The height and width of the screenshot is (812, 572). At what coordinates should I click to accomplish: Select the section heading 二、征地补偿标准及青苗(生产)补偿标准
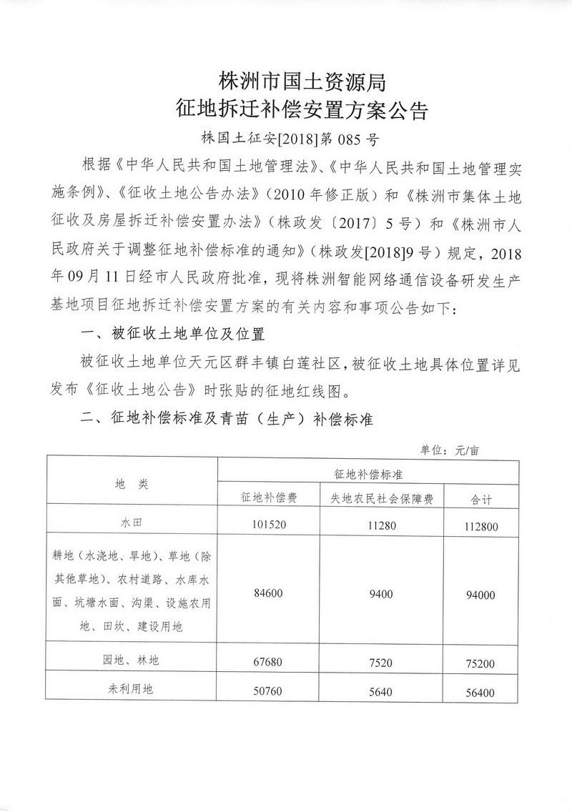(x=227, y=418)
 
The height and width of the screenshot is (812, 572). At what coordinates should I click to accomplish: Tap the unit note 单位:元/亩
(x=450, y=450)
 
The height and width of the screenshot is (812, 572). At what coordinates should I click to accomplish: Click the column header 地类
(x=132, y=484)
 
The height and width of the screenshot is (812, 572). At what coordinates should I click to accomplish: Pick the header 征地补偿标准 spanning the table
(x=368, y=473)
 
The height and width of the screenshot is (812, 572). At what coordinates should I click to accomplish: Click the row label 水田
(x=132, y=523)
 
